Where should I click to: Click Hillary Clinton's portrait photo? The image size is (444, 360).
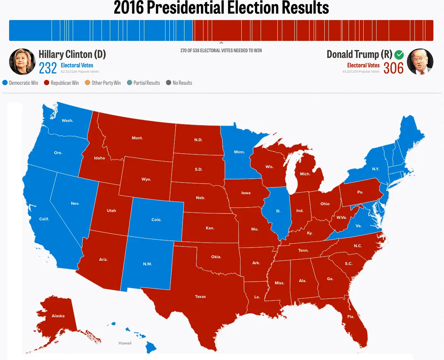[22, 62]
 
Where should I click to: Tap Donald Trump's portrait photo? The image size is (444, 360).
[420, 62]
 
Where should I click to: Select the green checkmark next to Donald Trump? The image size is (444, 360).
[399, 55]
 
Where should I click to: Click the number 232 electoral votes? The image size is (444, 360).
[48, 68]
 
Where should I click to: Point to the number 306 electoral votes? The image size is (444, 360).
[393, 68]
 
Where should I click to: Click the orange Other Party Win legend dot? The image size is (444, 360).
[88, 83]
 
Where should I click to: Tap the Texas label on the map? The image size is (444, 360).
[200, 296]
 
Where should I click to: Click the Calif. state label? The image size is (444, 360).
[44, 219]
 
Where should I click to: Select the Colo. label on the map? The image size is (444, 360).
[156, 220]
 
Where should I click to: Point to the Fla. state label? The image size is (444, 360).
[350, 316]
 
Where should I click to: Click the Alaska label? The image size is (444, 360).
[58, 316]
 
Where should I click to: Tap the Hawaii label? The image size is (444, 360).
[125, 343]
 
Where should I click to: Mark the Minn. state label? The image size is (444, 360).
[239, 152]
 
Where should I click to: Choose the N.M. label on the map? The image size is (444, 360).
[147, 264]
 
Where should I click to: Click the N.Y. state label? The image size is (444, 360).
[375, 169]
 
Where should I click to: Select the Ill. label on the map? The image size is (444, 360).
[278, 211]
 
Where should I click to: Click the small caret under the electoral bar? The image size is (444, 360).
[221, 43]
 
